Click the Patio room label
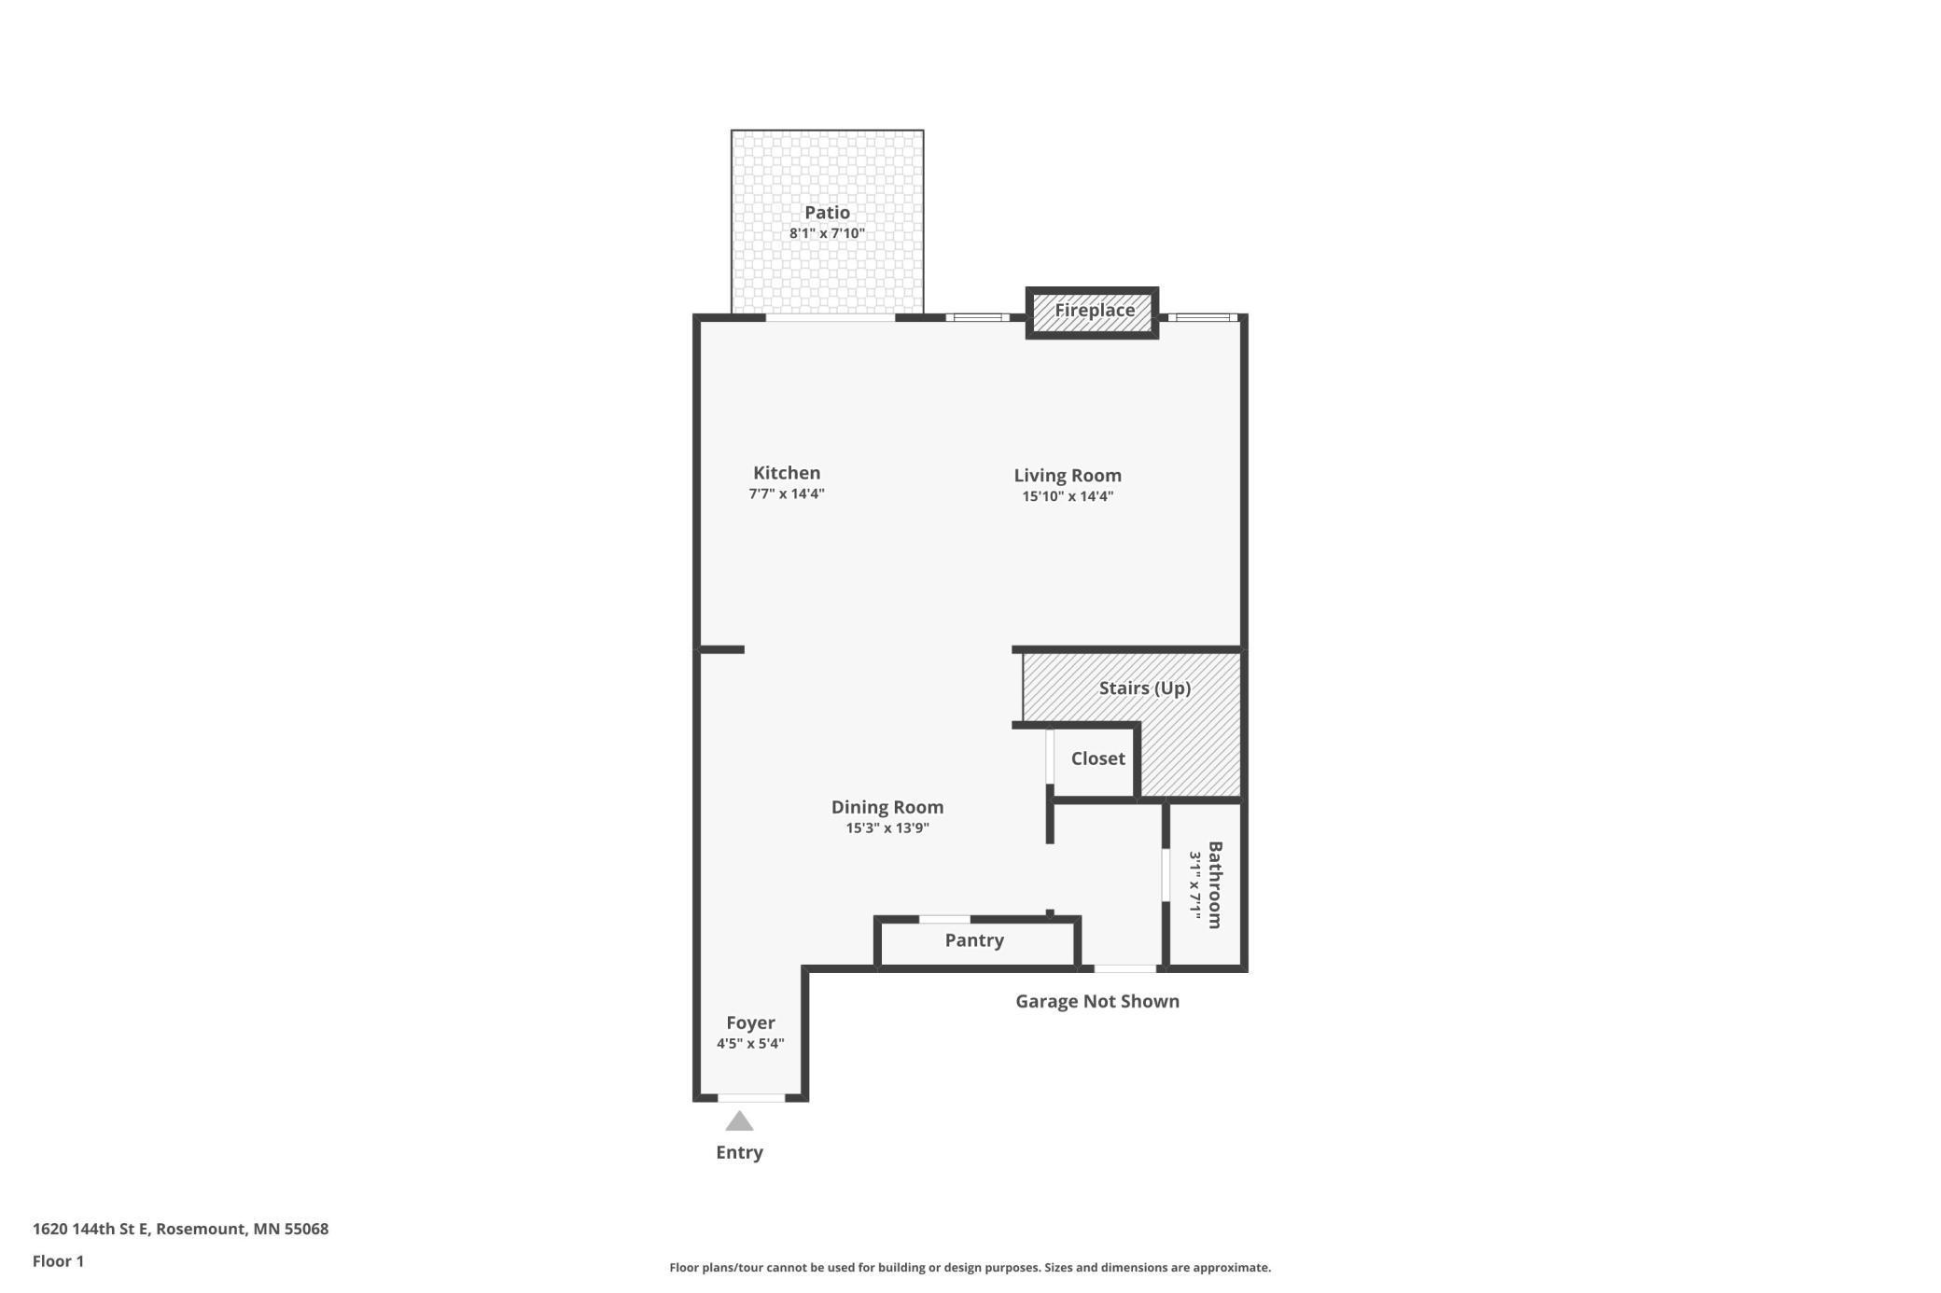[827, 213]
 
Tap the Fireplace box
[1092, 313]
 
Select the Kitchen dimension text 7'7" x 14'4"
[787, 494]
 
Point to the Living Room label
[1068, 476]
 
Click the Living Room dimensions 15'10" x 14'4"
[1068, 496]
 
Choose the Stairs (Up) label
[1145, 688]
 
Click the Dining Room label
[887, 808]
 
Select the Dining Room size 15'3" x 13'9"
[887, 828]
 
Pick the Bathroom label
[1215, 885]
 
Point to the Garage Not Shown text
[1097, 1002]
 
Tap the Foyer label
[750, 1023]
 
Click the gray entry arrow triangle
[739, 1121]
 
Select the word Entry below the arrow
[739, 1153]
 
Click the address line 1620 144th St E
[91, 1229]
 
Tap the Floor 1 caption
[58, 1261]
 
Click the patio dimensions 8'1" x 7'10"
[827, 233]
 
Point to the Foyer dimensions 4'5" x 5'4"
[750, 1044]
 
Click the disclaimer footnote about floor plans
[970, 1268]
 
